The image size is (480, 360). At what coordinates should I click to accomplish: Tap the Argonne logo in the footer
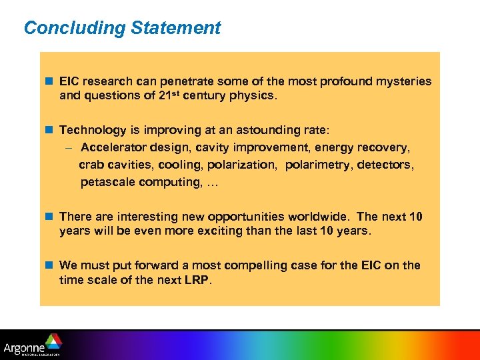click(33, 345)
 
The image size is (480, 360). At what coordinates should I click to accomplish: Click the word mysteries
click(402, 81)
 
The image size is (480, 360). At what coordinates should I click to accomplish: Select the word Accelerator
click(111, 147)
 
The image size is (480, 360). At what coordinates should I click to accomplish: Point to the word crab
click(91, 165)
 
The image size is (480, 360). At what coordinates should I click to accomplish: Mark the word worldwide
click(319, 217)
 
